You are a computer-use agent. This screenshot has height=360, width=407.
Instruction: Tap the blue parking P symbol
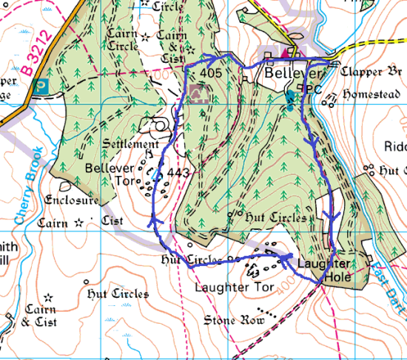[42, 85]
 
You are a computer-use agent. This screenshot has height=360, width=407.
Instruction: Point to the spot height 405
[211, 74]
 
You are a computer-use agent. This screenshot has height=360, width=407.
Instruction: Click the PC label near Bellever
[314, 89]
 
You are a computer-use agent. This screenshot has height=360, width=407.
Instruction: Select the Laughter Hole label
[323, 271]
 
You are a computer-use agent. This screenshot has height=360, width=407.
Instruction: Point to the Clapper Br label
[372, 72]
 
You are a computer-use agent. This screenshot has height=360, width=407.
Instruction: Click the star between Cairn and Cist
[78, 222]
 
